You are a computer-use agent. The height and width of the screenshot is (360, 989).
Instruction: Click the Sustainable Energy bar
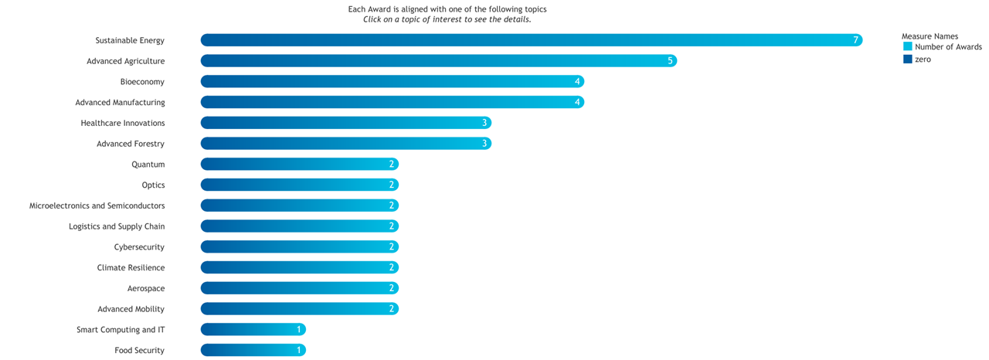tap(531, 40)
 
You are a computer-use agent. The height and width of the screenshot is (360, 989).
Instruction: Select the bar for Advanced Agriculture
tap(438, 61)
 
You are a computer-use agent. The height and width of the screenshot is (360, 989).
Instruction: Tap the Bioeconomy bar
tap(392, 82)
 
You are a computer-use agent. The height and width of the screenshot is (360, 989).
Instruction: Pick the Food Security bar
tap(253, 350)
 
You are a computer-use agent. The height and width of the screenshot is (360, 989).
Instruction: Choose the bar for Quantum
tap(299, 165)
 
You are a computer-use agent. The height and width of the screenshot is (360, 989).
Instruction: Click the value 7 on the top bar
tap(855, 40)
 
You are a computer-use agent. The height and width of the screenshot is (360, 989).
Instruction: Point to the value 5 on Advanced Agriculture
tap(670, 61)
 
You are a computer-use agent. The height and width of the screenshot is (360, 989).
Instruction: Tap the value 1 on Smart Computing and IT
tap(299, 330)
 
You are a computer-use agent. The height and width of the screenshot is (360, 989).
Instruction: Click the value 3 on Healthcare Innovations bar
tap(484, 123)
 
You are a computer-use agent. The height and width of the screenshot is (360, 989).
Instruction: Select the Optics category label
tap(153, 185)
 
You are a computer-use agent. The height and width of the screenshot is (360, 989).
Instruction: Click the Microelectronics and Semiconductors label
tap(97, 206)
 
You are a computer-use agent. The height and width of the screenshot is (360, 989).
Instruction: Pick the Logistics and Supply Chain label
tap(117, 226)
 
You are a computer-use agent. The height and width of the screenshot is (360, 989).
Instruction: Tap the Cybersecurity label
tap(139, 247)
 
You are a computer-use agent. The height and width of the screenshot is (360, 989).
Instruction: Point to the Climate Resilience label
tap(131, 268)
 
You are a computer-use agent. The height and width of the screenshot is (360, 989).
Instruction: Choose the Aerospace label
tap(146, 288)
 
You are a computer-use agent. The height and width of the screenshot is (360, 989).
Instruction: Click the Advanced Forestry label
tap(131, 144)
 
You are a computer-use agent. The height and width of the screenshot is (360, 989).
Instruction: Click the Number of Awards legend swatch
tap(908, 47)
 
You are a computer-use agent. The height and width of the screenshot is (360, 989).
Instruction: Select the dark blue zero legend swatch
tap(908, 59)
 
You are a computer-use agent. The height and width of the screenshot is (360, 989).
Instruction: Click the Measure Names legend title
tap(930, 36)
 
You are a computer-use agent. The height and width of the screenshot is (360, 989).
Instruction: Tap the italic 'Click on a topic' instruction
tap(447, 19)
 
